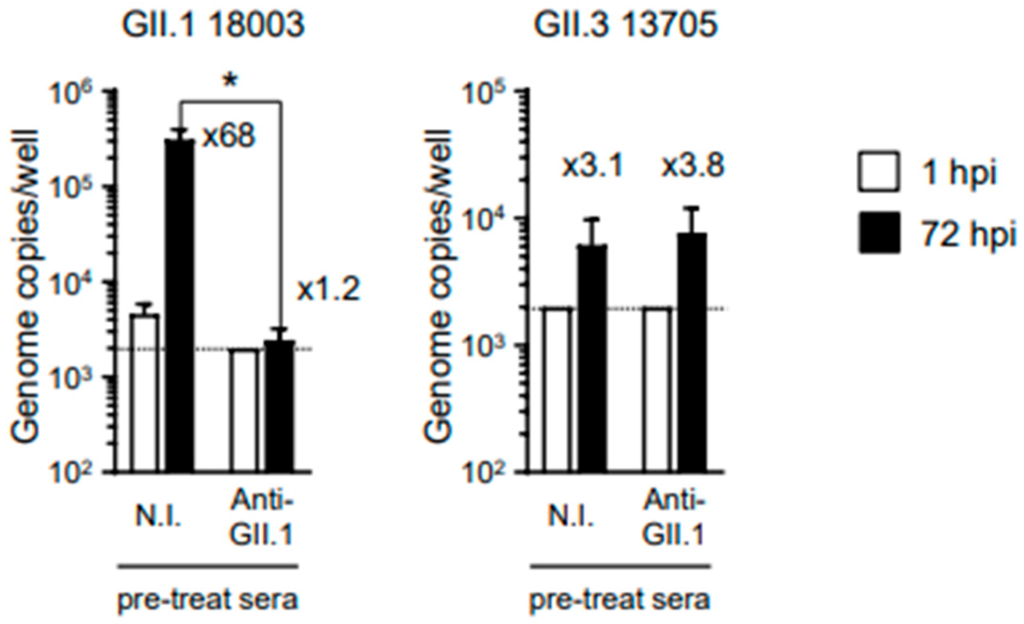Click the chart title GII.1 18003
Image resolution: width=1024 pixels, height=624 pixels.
pos(213,25)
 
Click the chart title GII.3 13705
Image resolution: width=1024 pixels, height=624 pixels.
pos(625,25)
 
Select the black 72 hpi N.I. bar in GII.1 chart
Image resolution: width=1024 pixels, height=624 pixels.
pos(179,306)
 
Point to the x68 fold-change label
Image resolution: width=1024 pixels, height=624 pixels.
pos(228,136)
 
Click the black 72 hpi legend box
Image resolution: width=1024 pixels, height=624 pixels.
pos(878,233)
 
